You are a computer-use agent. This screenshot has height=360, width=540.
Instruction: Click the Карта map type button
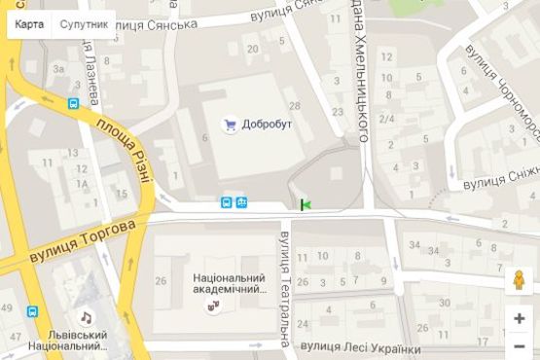coord(27,24)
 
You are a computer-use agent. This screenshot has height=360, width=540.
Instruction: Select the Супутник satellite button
coord(83,24)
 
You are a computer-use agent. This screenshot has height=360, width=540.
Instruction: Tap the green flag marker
coord(306,203)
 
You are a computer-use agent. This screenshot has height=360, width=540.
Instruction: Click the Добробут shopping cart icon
coord(231,124)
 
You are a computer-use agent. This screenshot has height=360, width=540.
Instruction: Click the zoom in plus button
coord(520,318)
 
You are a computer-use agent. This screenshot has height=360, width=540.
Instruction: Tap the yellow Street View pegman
coord(520,281)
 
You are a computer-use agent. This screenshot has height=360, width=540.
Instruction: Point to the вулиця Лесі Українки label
coord(362,348)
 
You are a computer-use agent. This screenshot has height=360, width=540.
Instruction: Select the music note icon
coord(87,317)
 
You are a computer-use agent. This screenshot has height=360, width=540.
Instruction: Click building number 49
coord(7,308)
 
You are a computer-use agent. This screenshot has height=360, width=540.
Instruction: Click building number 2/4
coord(386,119)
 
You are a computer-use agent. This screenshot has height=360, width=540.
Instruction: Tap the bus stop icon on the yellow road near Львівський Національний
coord(33,312)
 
